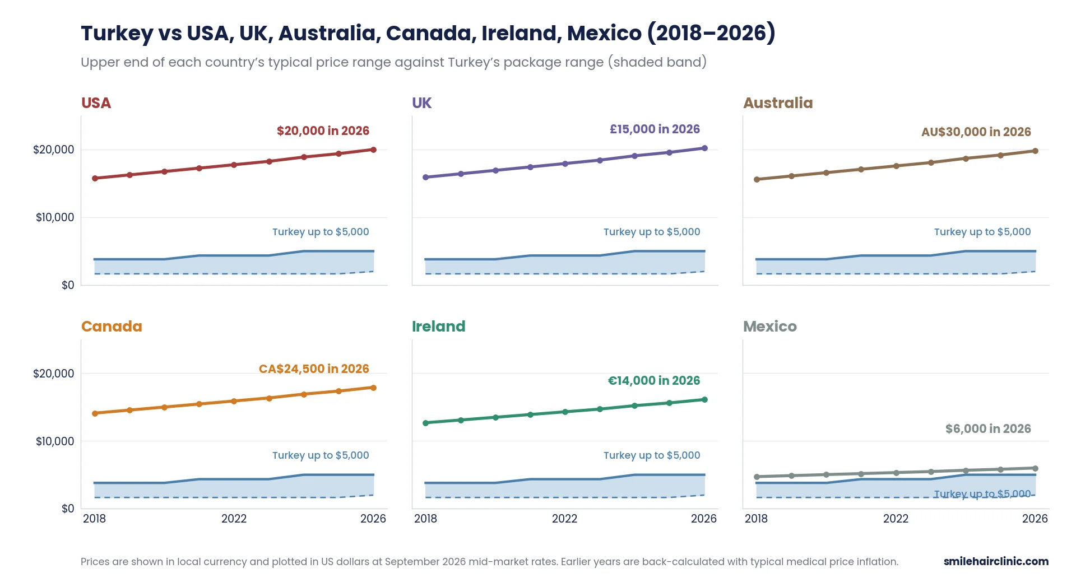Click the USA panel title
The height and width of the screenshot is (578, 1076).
96,103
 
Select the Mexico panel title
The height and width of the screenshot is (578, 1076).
769,327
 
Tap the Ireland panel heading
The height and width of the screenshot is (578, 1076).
438,327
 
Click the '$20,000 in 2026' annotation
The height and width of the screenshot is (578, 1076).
323,131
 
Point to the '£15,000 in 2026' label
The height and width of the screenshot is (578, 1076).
655,129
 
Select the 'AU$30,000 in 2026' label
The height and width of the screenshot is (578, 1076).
976,132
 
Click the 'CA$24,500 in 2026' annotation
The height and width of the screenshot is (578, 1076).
314,369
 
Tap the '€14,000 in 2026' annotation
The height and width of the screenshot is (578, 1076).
654,381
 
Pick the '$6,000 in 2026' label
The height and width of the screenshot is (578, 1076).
988,429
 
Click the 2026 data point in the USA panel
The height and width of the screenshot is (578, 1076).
373,150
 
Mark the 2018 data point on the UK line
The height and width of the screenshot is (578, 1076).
425,177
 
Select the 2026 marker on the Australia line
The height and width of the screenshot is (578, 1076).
1035,151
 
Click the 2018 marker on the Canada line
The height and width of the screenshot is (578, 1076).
95,413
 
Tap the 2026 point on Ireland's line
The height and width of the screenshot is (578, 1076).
704,399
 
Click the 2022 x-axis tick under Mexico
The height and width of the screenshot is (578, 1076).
896,519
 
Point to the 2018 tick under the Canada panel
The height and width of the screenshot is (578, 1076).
94,519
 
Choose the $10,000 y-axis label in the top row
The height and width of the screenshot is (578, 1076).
55,217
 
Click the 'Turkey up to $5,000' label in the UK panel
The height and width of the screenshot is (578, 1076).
652,232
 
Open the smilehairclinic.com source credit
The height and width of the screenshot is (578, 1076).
996,561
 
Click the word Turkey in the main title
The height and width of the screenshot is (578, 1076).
117,34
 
